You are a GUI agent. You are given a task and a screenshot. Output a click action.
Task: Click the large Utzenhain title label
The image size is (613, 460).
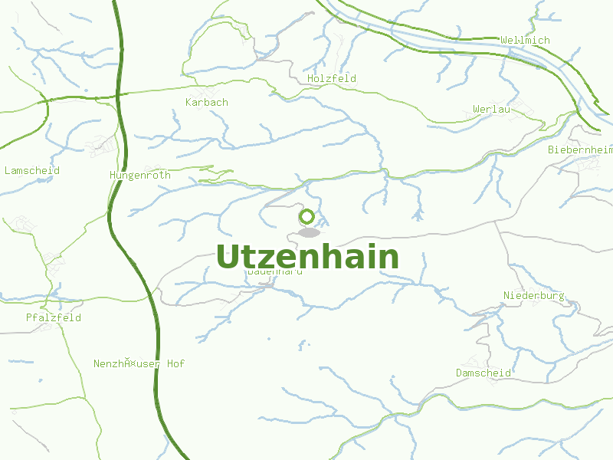[307, 258]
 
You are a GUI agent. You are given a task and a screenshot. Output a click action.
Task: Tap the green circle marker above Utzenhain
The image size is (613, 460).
[307, 217]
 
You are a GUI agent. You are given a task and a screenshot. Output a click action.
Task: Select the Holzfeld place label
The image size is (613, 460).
[331, 79]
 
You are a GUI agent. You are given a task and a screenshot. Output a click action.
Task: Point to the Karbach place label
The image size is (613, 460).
[207, 103]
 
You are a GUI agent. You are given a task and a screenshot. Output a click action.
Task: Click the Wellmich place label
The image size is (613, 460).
[525, 40]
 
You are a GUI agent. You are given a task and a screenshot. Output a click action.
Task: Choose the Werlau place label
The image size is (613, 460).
[491, 110]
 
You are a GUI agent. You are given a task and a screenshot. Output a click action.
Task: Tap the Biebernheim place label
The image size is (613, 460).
[580, 150]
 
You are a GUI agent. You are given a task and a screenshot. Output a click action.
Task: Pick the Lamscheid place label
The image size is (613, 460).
[32, 171]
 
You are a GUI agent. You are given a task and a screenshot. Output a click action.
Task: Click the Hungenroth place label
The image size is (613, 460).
[140, 176]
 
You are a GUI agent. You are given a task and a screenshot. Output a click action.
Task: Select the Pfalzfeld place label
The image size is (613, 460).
[53, 317]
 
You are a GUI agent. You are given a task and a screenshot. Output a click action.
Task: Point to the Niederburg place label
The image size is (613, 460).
[533, 296]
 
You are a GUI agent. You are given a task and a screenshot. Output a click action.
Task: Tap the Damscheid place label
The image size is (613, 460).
[483, 373]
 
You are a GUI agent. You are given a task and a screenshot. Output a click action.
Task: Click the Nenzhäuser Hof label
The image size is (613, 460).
[139, 364]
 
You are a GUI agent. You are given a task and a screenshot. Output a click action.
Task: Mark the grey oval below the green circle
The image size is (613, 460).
[309, 232]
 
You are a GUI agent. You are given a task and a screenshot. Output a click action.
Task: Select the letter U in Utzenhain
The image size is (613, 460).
[228, 258]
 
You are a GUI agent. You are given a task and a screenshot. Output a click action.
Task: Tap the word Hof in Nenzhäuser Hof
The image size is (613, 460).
[175, 364]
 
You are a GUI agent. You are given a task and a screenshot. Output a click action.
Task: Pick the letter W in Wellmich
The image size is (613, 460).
[503, 40]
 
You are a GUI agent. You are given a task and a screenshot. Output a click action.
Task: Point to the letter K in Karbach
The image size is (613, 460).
[188, 103]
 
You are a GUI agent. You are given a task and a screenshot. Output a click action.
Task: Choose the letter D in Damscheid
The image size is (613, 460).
[458, 373]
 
